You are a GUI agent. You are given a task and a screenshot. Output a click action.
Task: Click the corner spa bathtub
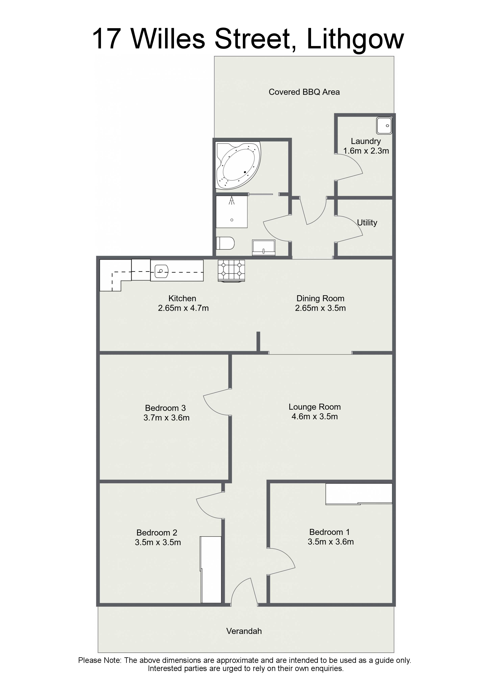click(238, 165)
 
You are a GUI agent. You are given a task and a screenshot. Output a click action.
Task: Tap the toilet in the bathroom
click(225, 243)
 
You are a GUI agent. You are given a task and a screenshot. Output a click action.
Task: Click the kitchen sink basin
click(161, 271)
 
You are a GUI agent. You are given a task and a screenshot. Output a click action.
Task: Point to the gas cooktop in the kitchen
click(231, 271)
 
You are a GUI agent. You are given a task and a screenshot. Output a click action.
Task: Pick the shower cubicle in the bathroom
click(232, 211)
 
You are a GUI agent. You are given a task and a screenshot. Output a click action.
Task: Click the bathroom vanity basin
click(264, 248)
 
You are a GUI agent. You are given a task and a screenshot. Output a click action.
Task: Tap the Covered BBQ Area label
click(304, 92)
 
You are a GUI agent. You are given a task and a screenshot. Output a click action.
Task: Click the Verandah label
click(244, 631)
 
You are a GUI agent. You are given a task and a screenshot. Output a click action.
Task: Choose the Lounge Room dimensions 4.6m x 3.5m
click(315, 416)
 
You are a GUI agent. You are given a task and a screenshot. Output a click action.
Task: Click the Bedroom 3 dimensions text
click(166, 417)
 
